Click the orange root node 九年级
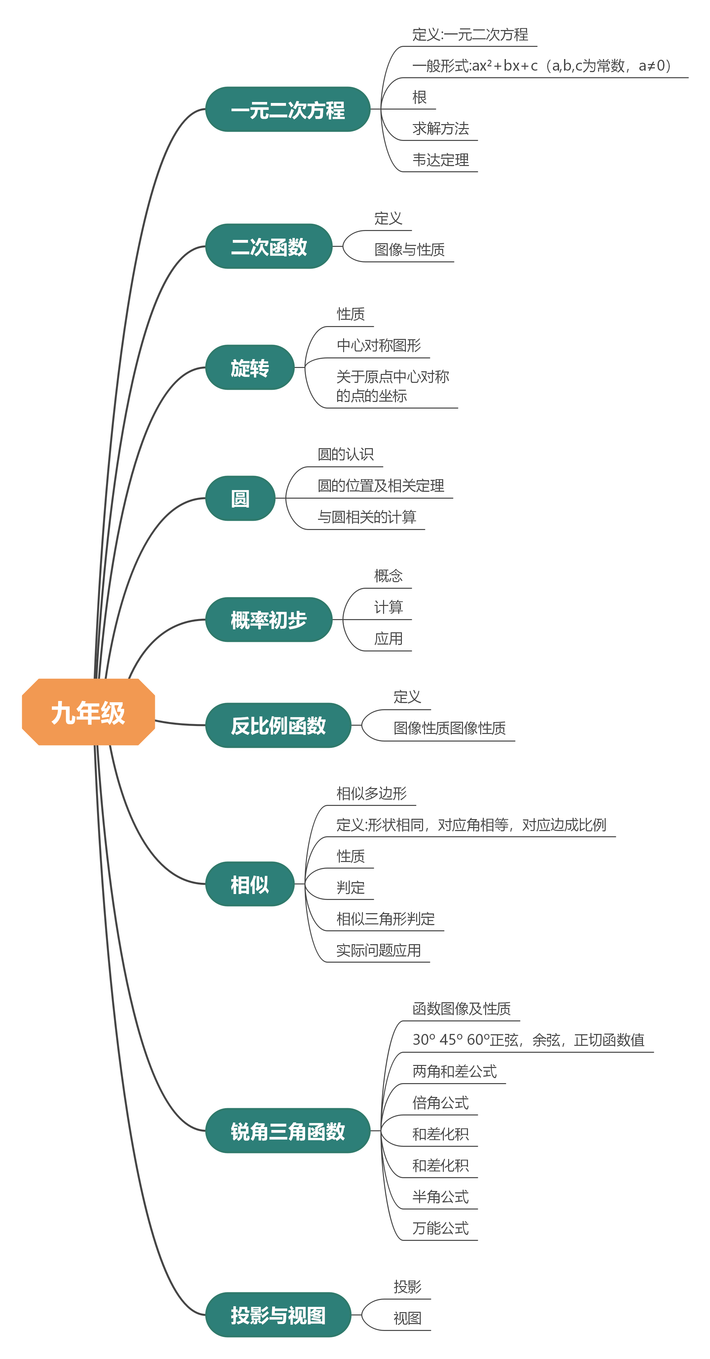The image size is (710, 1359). [88, 712]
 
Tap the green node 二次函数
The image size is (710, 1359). [269, 247]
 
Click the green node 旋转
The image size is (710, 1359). [250, 368]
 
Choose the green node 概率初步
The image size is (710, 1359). [269, 619]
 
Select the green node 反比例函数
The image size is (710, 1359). [278, 725]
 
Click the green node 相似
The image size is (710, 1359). [250, 884]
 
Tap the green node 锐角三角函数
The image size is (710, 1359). [288, 1131]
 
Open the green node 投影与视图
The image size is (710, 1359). [278, 1315]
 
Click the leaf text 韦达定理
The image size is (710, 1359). [440, 160]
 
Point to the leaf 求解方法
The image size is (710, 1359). [440, 128]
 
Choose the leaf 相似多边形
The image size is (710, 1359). [372, 793]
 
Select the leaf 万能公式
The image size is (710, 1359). [440, 1228]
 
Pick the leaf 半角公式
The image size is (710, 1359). [440, 1197]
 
